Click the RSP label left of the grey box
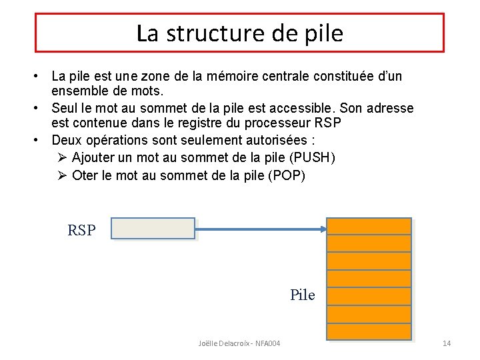[x=81, y=231]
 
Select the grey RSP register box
[x=153, y=229]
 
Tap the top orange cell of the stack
[x=370, y=226]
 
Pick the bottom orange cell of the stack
[x=370, y=331]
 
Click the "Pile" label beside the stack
[x=302, y=295]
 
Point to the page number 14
[x=447, y=343]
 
